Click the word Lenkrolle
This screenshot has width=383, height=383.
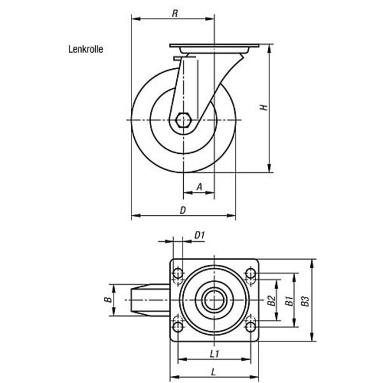(x=86, y=49)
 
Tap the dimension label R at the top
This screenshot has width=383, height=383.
(x=175, y=13)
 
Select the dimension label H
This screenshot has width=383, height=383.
(x=264, y=107)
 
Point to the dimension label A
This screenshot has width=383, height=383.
(x=200, y=187)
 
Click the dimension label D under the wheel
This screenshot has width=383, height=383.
(x=183, y=210)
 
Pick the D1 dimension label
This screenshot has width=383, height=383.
(x=200, y=236)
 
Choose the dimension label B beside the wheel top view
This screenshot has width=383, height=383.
(x=108, y=299)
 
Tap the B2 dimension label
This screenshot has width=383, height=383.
(x=271, y=301)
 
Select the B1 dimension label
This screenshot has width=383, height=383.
(x=289, y=301)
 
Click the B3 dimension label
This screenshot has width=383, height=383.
(x=305, y=301)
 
